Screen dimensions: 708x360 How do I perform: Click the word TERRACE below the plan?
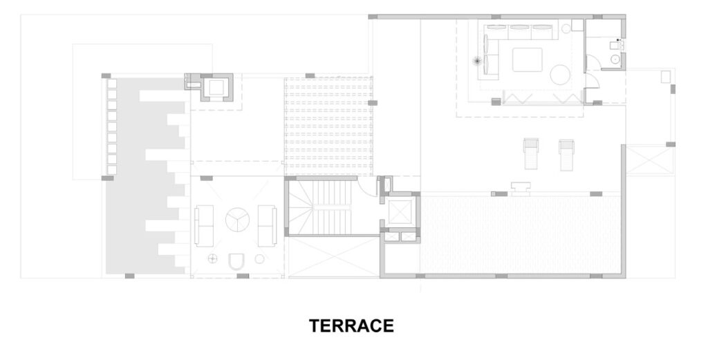pyautogui.click(x=351, y=325)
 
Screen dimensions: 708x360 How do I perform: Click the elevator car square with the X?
pyautogui.click(x=400, y=212)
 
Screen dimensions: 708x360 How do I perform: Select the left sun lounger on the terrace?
pyautogui.click(x=531, y=154)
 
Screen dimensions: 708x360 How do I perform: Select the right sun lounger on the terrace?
pyautogui.click(x=566, y=155)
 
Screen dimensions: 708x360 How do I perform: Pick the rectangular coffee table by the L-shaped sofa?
pyautogui.click(x=528, y=59)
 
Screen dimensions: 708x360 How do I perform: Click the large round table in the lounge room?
pyautogui.click(x=560, y=75)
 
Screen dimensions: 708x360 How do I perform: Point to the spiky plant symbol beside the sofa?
pyautogui.click(x=477, y=61)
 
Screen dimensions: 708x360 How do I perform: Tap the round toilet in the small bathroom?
pyautogui.click(x=615, y=59)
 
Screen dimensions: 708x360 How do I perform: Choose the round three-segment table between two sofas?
pyautogui.click(x=238, y=220)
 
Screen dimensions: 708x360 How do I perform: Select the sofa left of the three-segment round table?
pyautogui.click(x=204, y=225)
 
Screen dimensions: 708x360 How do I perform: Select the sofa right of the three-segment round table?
pyautogui.click(x=267, y=225)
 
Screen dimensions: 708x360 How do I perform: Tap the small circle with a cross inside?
pyautogui.click(x=213, y=258)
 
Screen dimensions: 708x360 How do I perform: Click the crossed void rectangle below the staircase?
pyautogui.click(x=334, y=256)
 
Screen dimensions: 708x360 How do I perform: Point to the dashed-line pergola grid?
pyautogui.click(x=328, y=126)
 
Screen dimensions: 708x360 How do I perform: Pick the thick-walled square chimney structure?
pyautogui.click(x=216, y=88)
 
